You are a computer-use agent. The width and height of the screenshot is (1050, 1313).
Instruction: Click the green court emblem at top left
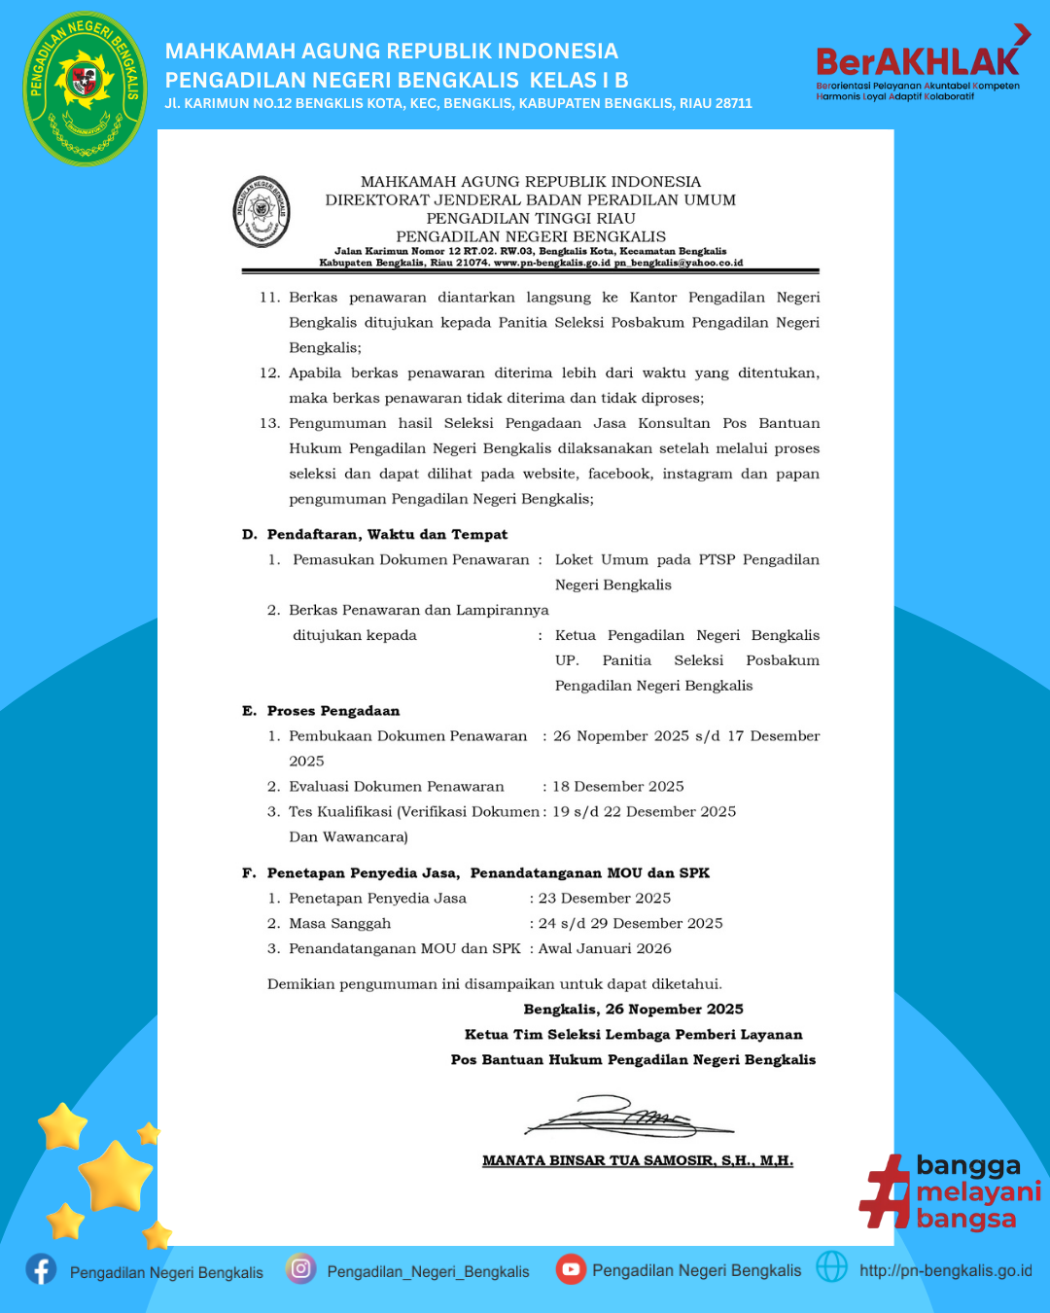click(x=85, y=89)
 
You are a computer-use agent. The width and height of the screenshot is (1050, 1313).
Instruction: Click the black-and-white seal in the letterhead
click(x=262, y=211)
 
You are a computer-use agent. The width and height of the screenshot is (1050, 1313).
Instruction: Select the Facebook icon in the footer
click(x=41, y=1269)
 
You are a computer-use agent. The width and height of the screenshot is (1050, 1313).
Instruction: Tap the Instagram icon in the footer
click(x=301, y=1268)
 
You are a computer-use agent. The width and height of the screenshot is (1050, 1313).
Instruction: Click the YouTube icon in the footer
click(x=571, y=1268)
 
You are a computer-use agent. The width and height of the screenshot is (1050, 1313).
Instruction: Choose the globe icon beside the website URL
click(x=831, y=1266)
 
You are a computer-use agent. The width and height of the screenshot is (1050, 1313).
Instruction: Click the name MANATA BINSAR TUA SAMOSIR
click(x=638, y=1160)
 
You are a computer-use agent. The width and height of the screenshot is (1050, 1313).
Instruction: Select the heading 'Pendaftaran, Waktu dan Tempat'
click(x=387, y=534)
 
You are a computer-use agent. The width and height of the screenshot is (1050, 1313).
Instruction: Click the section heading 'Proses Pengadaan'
click(x=333, y=711)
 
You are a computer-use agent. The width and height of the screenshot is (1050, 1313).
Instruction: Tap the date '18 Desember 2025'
click(x=618, y=786)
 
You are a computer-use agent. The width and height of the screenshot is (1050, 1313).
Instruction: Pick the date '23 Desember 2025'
click(x=605, y=898)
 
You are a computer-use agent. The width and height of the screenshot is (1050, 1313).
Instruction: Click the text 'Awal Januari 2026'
click(x=605, y=948)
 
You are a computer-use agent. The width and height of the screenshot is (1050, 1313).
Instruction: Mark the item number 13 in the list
click(x=269, y=423)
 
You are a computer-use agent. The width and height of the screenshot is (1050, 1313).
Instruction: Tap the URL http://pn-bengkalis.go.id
click(x=945, y=1270)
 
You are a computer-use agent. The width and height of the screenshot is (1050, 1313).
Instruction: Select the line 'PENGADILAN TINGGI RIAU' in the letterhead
click(x=531, y=218)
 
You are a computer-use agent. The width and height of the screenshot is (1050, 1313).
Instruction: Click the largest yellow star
click(x=115, y=1176)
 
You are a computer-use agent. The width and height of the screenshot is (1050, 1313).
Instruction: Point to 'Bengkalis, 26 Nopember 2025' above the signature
click(x=633, y=1010)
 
